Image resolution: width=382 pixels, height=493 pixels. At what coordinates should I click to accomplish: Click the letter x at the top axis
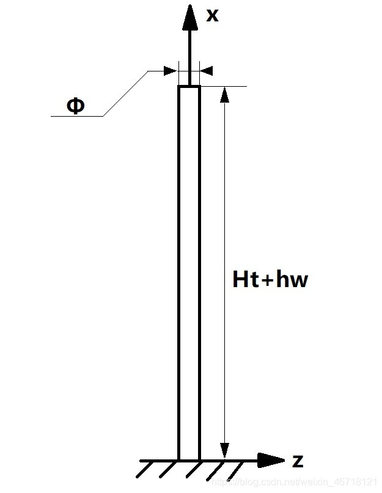click(x=212, y=15)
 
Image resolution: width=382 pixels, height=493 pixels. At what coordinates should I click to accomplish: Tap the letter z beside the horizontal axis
click(x=298, y=461)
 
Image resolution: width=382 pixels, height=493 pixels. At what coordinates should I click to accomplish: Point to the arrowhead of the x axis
click(x=190, y=18)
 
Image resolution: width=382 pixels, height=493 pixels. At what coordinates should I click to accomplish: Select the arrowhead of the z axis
click(x=271, y=460)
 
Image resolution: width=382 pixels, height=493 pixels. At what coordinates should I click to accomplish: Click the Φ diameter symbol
click(x=76, y=106)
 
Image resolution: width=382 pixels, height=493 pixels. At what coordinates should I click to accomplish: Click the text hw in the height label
click(x=292, y=279)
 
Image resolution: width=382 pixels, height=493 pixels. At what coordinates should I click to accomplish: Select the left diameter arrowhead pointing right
click(x=171, y=71)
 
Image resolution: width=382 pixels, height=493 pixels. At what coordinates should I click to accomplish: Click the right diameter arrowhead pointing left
click(x=207, y=71)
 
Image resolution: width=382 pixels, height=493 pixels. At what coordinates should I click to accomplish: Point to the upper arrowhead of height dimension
click(x=224, y=94)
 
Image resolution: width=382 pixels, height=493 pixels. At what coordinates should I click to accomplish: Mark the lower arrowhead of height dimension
click(x=224, y=450)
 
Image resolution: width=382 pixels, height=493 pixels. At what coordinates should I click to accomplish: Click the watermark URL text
click(x=294, y=481)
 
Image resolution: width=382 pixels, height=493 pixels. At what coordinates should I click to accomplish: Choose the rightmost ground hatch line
click(x=235, y=470)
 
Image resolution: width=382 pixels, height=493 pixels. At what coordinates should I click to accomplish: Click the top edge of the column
click(x=189, y=86)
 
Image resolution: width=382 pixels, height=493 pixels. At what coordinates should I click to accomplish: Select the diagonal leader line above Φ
click(x=125, y=93)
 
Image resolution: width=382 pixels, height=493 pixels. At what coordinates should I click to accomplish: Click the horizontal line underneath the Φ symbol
click(x=77, y=116)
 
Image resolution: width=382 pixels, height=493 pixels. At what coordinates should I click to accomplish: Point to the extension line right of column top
click(x=224, y=86)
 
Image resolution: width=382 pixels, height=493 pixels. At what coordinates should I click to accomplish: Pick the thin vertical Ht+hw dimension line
click(x=224, y=272)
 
